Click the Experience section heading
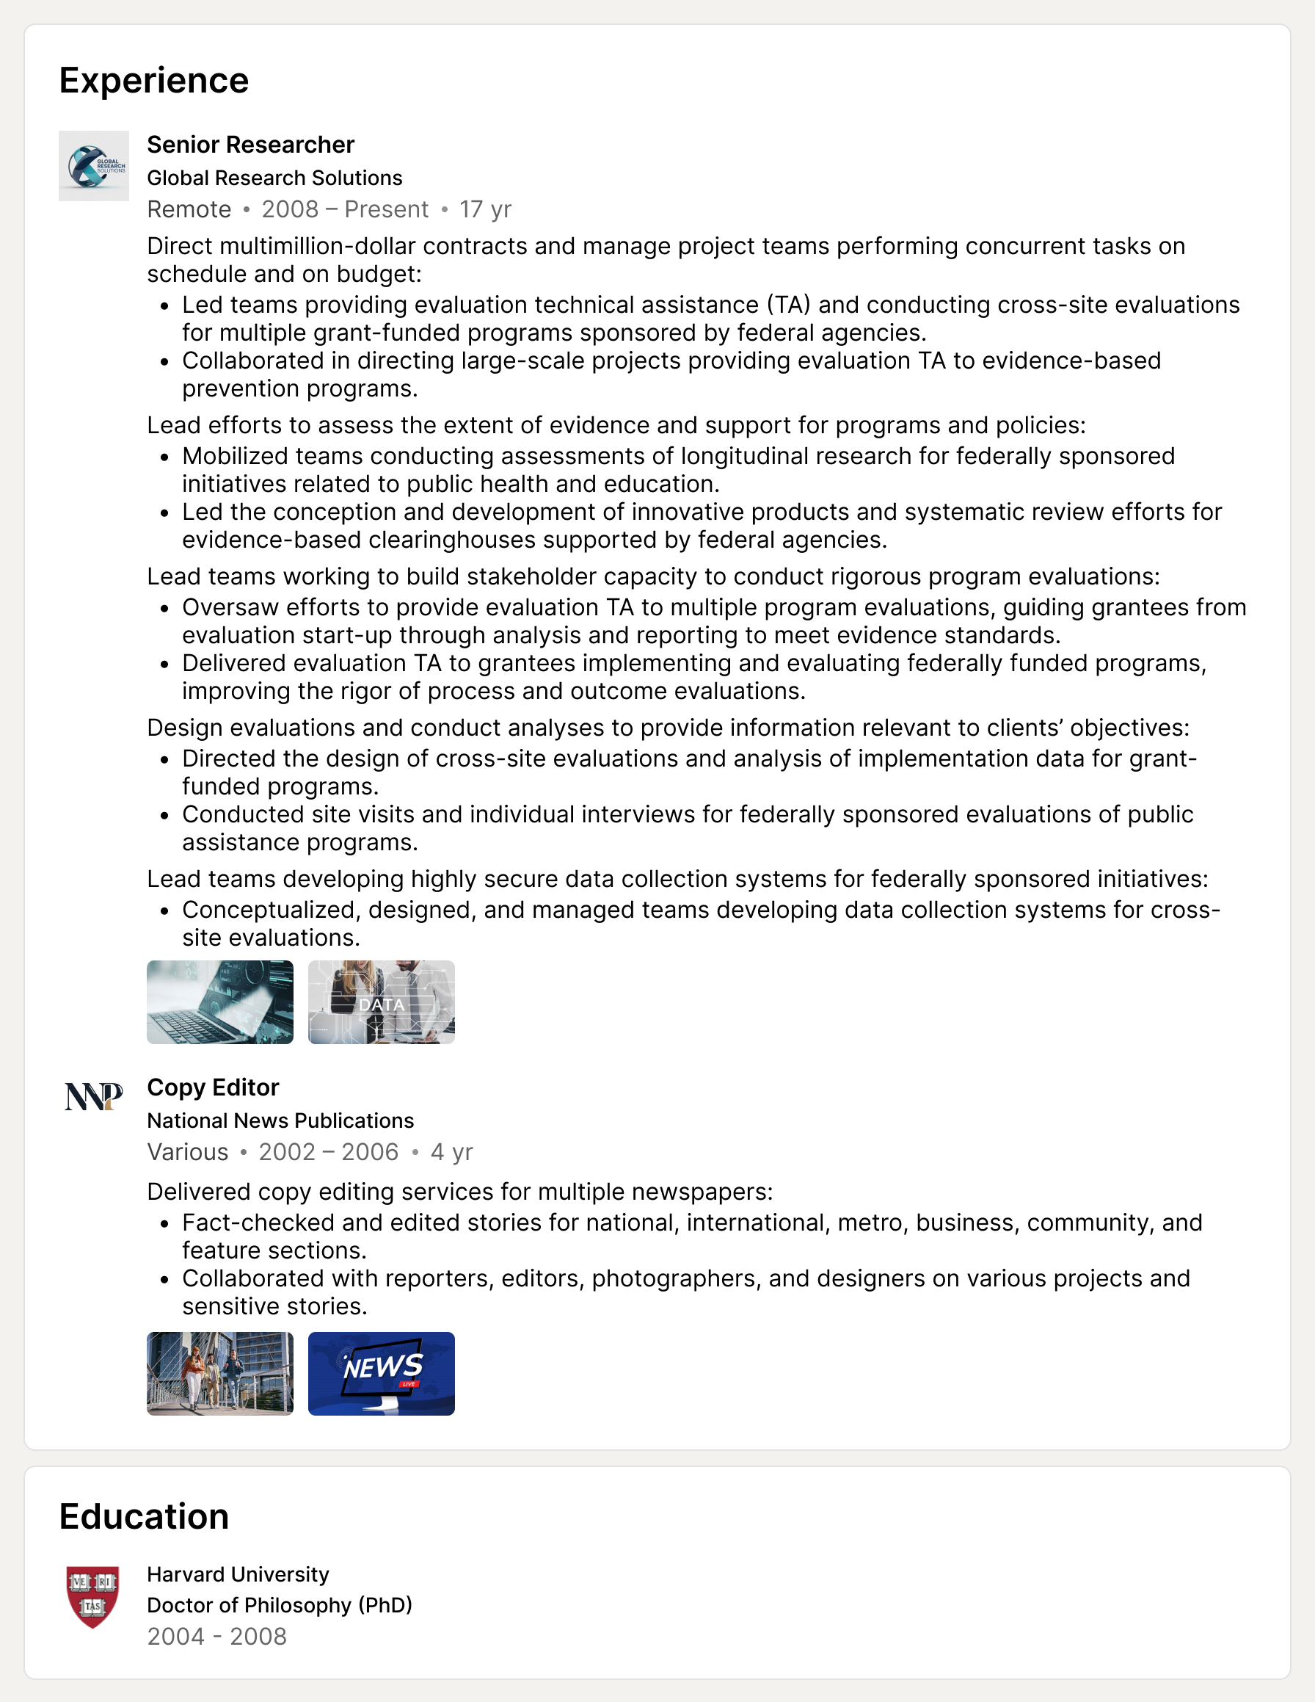click(153, 80)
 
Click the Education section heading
click(144, 1516)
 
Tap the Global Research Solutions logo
click(93, 166)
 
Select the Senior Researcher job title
click(250, 145)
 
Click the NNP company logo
click(93, 1096)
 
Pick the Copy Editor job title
click(213, 1087)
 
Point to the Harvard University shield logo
click(93, 1597)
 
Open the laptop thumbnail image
click(219, 1002)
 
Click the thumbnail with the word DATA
click(381, 1002)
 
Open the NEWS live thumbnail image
click(381, 1373)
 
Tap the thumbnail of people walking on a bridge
click(219, 1373)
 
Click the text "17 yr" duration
click(484, 210)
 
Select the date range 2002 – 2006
click(328, 1152)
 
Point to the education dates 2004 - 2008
click(216, 1637)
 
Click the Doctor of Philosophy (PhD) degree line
click(279, 1605)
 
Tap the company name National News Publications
click(280, 1120)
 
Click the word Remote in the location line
click(189, 210)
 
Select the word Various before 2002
click(188, 1152)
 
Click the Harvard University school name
click(238, 1575)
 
